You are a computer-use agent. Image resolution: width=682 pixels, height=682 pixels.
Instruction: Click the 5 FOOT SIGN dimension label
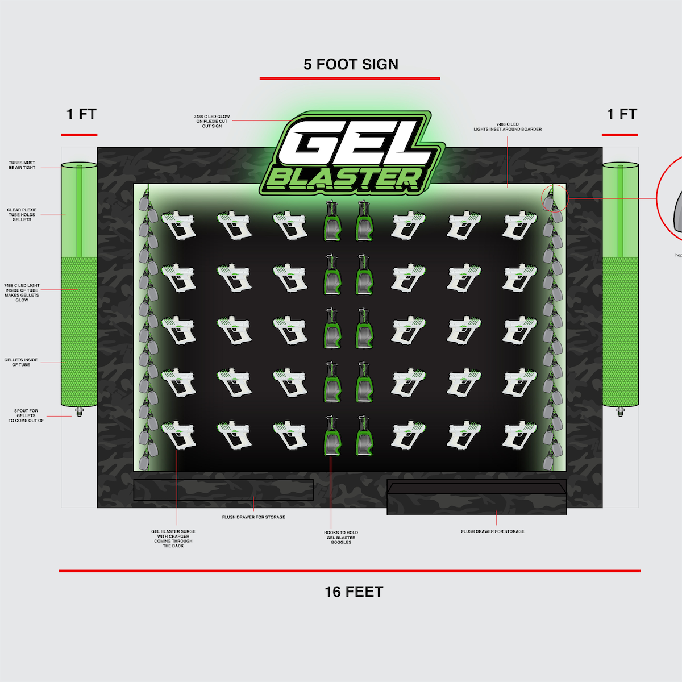[351, 65]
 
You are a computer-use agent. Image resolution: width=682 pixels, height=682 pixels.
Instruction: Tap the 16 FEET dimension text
[354, 592]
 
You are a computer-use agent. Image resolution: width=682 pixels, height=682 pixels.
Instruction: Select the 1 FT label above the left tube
[81, 114]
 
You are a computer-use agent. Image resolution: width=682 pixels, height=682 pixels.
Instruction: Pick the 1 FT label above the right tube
[622, 114]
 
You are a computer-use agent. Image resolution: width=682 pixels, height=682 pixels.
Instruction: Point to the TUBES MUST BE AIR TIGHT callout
[22, 165]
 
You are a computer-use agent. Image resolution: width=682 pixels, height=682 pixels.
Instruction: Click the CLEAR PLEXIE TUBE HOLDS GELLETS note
[22, 215]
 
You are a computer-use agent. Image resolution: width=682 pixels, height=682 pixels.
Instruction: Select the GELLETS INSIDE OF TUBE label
[21, 362]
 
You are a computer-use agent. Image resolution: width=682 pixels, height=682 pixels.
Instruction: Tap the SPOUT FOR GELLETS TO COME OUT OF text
[26, 415]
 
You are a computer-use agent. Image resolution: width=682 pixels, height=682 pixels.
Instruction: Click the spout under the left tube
[79, 411]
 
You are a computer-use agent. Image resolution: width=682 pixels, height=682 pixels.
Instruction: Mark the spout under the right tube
[620, 411]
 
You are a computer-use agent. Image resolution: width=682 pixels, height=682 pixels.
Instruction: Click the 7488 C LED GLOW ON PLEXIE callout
[212, 121]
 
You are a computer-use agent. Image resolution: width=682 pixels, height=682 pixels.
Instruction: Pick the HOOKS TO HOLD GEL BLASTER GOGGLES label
[341, 537]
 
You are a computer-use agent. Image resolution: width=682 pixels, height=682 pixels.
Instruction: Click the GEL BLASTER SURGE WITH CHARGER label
[173, 539]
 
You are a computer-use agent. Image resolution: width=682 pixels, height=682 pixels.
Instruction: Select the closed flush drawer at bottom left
[223, 490]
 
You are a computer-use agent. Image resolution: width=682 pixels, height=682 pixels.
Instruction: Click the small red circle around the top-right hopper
[554, 197]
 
